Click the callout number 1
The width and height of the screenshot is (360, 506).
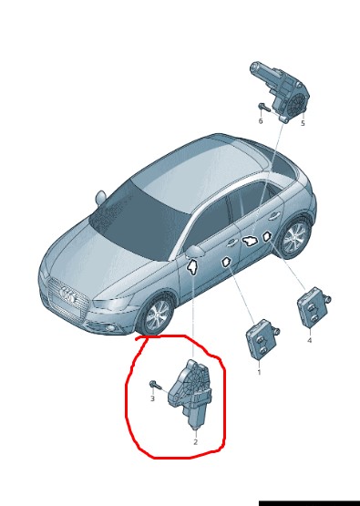click(x=259, y=372)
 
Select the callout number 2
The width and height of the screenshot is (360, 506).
click(x=195, y=442)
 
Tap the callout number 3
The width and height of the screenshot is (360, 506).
click(x=152, y=398)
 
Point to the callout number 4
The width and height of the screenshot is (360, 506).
click(x=309, y=340)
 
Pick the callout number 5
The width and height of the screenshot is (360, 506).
click(x=303, y=123)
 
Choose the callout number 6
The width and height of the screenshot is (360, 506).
click(x=261, y=121)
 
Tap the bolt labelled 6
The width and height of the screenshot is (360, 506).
click(x=264, y=107)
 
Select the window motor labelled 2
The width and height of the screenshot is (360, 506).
click(x=190, y=395)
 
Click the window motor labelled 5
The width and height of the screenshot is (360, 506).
click(x=280, y=91)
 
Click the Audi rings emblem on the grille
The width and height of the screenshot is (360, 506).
click(x=68, y=295)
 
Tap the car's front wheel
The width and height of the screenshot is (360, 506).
click(x=157, y=315)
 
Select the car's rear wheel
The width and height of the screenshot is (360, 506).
click(x=294, y=237)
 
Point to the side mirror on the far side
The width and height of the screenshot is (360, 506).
click(x=100, y=198)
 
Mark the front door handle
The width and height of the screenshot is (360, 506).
click(x=231, y=242)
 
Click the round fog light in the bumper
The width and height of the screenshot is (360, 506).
click(x=111, y=328)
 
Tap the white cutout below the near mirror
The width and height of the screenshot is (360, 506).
click(x=192, y=267)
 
